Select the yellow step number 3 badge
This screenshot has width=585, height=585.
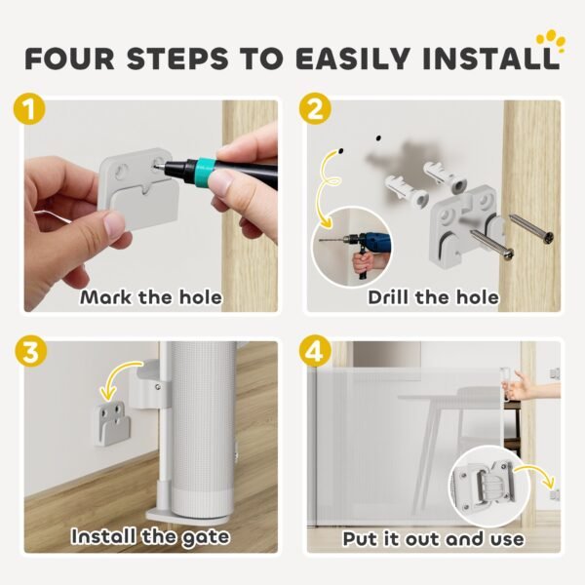pos(30,351)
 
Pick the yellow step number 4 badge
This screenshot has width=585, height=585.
pos(315,351)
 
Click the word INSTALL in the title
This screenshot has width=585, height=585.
pos(491,58)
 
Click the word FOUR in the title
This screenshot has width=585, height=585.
pos(70,58)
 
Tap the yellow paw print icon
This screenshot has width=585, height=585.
pos(551,42)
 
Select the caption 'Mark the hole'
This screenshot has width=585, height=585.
pos(151,297)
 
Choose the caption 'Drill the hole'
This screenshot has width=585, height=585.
pos(434,297)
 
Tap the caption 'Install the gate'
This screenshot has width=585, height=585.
pos(150,537)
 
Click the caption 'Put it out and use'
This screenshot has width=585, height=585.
pos(434,539)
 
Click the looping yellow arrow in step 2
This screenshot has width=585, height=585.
pos(329,185)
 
